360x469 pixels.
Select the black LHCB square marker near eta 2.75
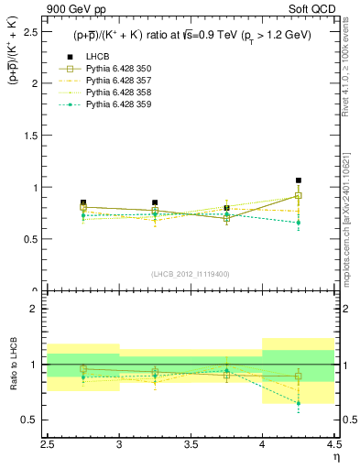tap(83, 202)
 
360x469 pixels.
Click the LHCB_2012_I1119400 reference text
tap(191, 274)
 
